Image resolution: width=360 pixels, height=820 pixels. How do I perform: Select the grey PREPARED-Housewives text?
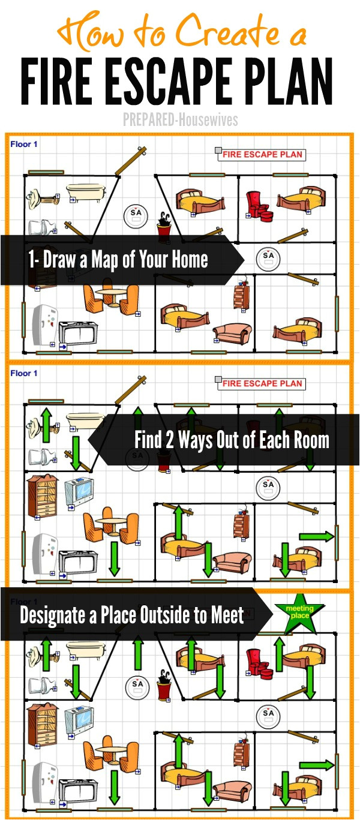coord(180,120)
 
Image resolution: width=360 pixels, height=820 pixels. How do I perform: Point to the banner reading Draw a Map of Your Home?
coord(122,260)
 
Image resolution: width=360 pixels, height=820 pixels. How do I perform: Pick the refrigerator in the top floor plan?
coord(44,325)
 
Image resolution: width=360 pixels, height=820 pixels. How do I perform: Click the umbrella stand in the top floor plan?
coord(164,228)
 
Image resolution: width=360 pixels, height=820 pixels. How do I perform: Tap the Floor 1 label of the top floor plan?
coord(24,144)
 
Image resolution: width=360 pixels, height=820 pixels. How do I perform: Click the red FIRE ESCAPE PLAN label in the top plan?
coord(262,155)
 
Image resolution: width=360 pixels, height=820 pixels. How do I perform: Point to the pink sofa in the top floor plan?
coord(232,333)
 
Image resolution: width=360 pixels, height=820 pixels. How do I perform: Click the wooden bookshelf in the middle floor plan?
coord(43,496)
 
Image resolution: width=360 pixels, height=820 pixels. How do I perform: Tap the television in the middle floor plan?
coord(79,492)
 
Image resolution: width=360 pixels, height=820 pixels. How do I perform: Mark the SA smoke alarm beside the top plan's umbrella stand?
coord(136,215)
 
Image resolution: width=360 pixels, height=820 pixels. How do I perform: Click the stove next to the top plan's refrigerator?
coord(78,333)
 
